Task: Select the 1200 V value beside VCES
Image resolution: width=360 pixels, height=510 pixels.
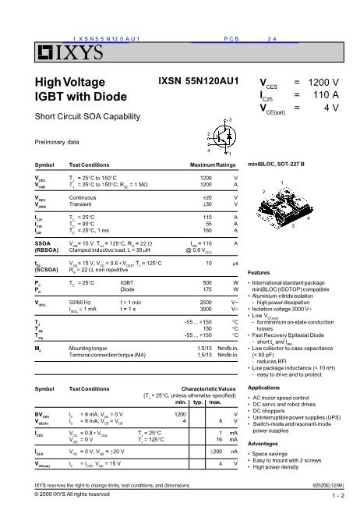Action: click(323, 82)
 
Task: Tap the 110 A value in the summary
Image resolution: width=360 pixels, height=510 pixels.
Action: click(323, 94)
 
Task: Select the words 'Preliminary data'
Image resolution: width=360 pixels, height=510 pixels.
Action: click(58, 141)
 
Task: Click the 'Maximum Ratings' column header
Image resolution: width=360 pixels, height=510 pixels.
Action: click(213, 166)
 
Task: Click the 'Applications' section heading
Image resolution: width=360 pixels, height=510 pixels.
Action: click(263, 388)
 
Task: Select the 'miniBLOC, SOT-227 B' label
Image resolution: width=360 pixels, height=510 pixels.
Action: click(276, 165)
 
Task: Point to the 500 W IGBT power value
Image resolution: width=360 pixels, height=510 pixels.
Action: click(206, 281)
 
